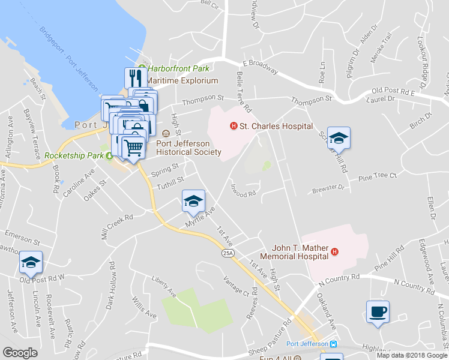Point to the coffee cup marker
click(x=378, y=312)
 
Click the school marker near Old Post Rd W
click(x=31, y=262)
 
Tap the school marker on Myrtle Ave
click(x=194, y=201)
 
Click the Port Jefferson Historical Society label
click(x=188, y=148)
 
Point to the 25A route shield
click(x=228, y=253)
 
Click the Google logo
click(x=20, y=352)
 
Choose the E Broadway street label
click(x=261, y=67)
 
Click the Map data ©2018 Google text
click(x=411, y=355)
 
